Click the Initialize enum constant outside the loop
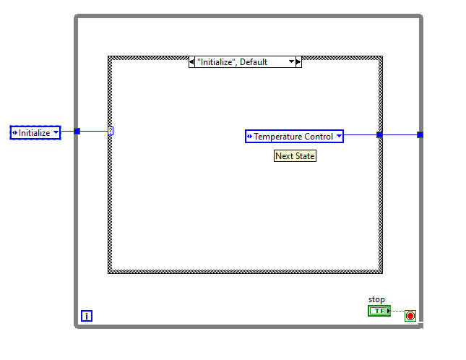pyautogui.click(x=35, y=132)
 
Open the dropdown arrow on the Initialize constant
pyautogui.click(x=56, y=132)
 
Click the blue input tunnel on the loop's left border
pyautogui.click(x=77, y=131)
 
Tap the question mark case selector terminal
pyautogui.click(x=111, y=131)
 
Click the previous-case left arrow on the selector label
pyautogui.click(x=191, y=62)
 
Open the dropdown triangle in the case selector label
pyautogui.click(x=292, y=61)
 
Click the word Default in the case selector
pyautogui.click(x=254, y=62)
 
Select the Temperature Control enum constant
pyautogui.click(x=294, y=136)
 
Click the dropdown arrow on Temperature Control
pyautogui.click(x=339, y=136)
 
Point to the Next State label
pyautogui.click(x=295, y=155)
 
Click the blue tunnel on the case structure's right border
pyautogui.click(x=379, y=135)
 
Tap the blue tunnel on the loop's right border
pyautogui.click(x=420, y=135)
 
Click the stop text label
pyautogui.click(x=376, y=299)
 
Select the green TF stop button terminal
pyautogui.click(x=379, y=311)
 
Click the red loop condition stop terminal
pyautogui.click(x=410, y=316)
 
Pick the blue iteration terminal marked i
pyautogui.click(x=87, y=316)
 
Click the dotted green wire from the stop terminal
pyautogui.click(x=397, y=312)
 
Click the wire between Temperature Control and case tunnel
pyautogui.click(x=361, y=135)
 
